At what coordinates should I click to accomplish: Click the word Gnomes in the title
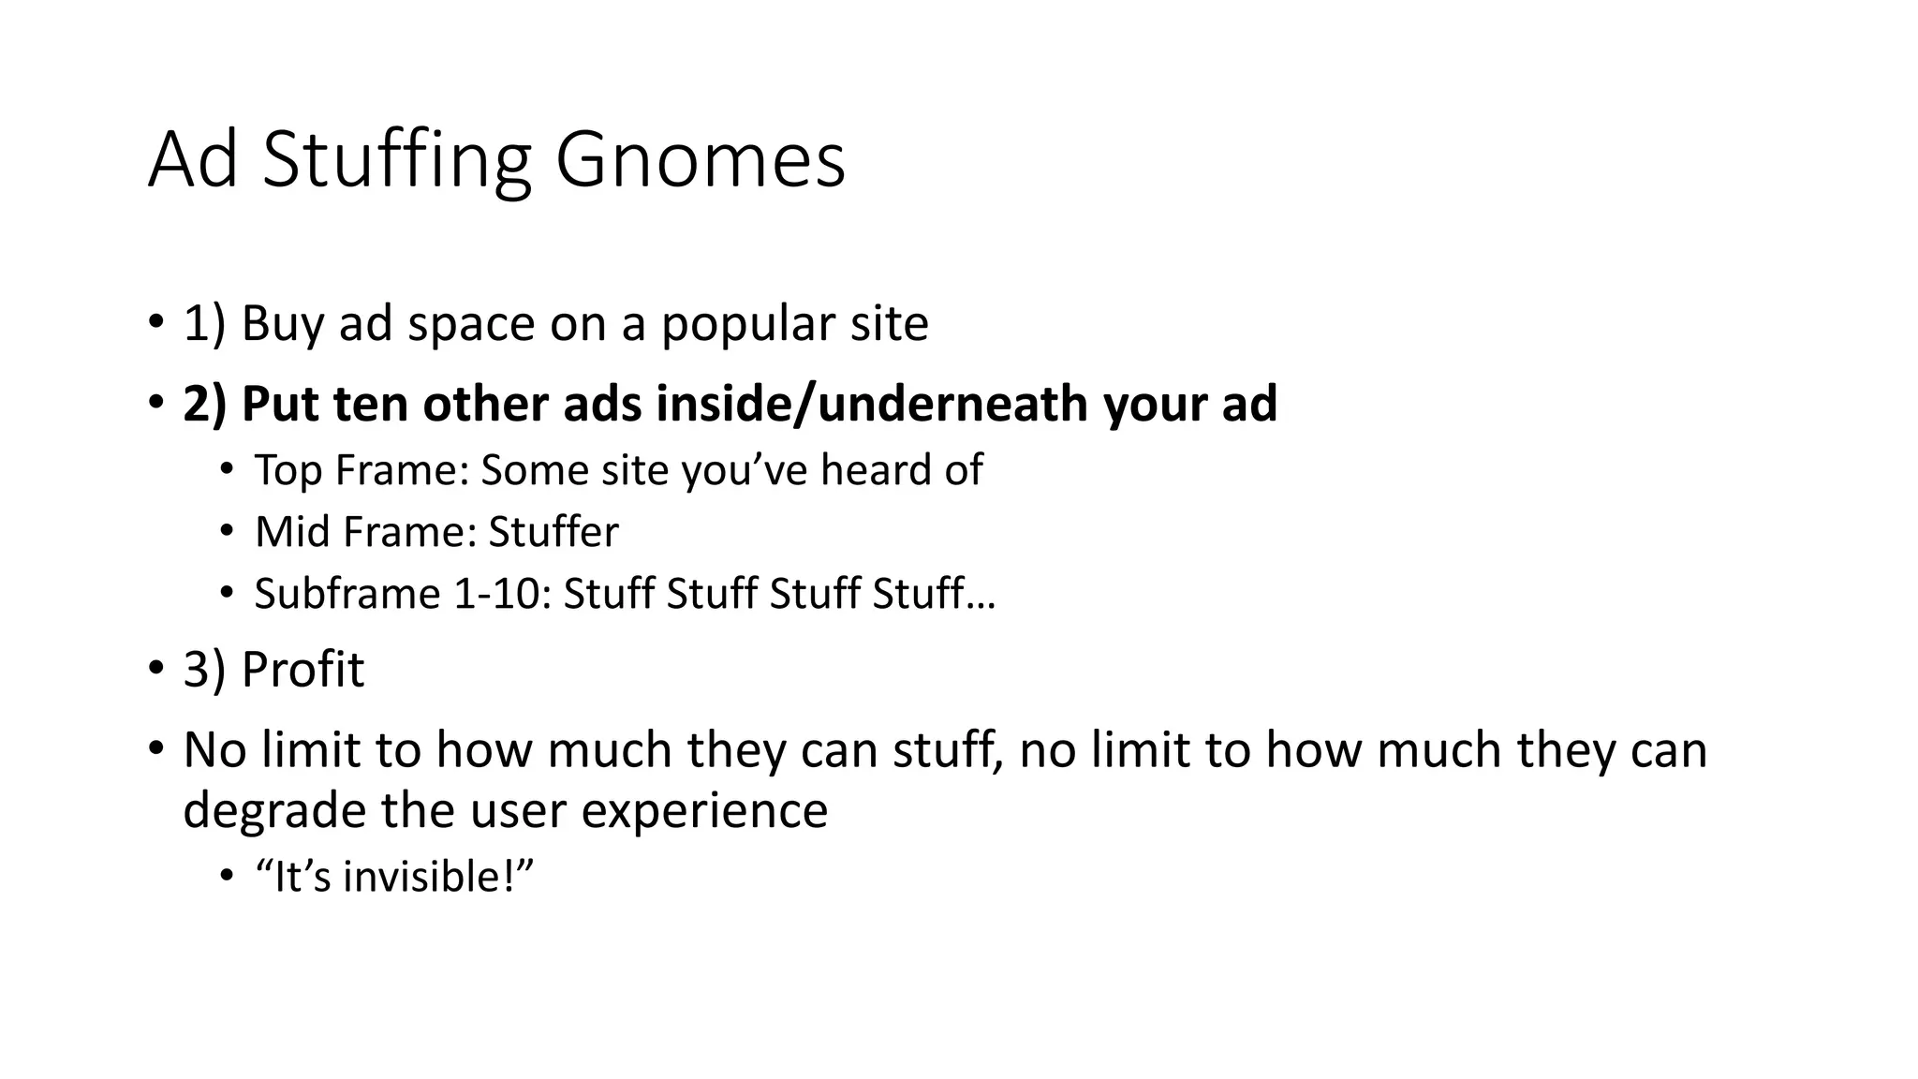[700, 161]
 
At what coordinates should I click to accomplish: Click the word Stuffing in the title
[397, 161]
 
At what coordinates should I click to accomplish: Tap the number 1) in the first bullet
[204, 324]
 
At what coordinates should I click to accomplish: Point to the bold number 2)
[204, 404]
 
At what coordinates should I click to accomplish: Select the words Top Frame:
[361, 470]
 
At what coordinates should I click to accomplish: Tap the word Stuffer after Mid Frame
[553, 532]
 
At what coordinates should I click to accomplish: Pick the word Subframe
[347, 594]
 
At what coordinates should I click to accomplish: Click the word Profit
[302, 670]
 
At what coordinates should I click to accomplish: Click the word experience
[704, 809]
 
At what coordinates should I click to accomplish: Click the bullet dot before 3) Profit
[155, 670]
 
